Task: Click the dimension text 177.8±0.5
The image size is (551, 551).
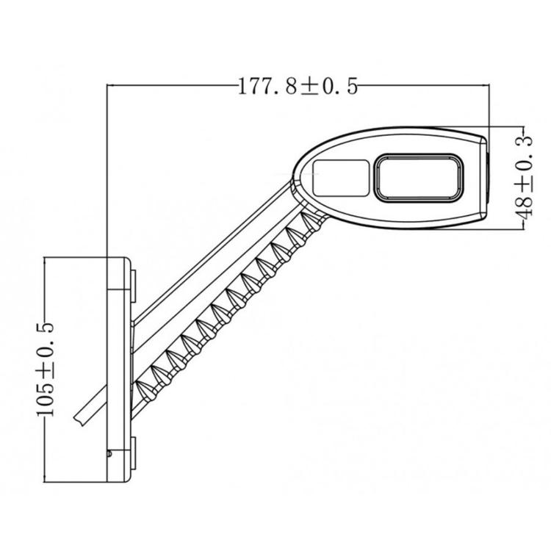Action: [298, 87]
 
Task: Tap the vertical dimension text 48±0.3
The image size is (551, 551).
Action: [522, 176]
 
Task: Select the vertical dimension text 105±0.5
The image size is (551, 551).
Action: [46, 369]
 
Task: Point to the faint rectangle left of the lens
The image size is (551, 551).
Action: [340, 177]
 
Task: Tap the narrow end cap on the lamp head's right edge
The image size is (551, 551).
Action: [486, 176]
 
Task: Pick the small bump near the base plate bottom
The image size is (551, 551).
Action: [109, 454]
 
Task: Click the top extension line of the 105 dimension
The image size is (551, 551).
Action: [73, 256]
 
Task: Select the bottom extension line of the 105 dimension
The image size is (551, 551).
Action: [73, 482]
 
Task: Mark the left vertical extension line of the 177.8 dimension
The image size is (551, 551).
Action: [107, 169]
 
